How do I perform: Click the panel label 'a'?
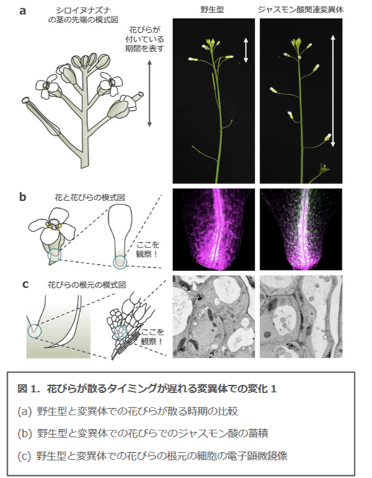22,12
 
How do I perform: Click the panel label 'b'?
22,197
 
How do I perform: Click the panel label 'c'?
26,284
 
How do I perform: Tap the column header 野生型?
212,10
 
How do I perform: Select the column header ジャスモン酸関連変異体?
301,10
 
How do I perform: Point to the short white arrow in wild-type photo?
246,50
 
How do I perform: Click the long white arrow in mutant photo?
333,91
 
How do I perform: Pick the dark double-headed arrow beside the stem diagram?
149,94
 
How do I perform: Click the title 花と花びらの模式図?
89,197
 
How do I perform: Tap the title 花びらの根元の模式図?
87,285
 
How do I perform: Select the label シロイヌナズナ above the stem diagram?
83,12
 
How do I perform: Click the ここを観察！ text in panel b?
147,249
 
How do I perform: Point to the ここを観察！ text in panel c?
152,337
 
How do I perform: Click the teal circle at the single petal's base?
120,263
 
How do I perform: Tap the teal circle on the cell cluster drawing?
120,333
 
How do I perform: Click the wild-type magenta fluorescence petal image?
213,229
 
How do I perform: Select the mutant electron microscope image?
301,317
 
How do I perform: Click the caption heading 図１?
29,389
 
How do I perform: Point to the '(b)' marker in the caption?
25,433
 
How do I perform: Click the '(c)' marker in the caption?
25,456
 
